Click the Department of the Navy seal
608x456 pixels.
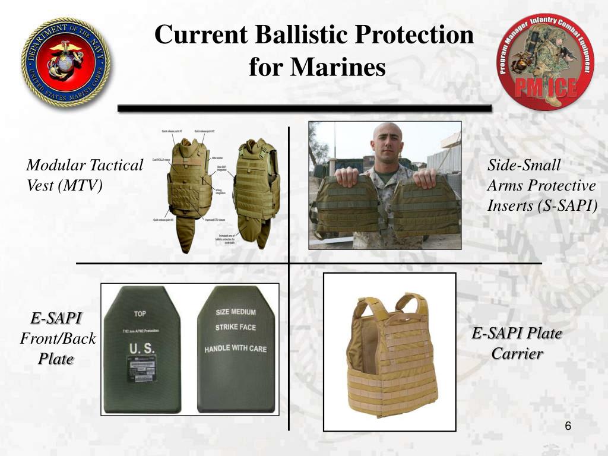pyautogui.click(x=66, y=62)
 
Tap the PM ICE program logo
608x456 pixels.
pyautogui.click(x=545, y=62)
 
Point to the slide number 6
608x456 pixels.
pyautogui.click(x=568, y=427)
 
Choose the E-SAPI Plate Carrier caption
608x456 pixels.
pyautogui.click(x=517, y=343)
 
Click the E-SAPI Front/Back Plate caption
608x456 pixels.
pyautogui.click(x=57, y=338)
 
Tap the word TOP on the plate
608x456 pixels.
pyautogui.click(x=140, y=313)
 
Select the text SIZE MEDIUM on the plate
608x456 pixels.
pyautogui.click(x=236, y=312)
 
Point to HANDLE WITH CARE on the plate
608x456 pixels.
pyautogui.click(x=236, y=349)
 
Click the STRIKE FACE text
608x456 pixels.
pyautogui.click(x=236, y=327)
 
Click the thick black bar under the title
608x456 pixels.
pyautogui.click(x=304, y=109)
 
